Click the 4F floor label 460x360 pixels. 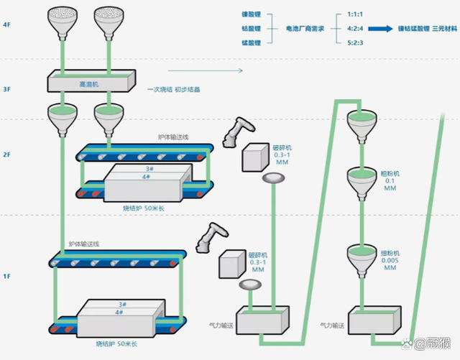(x=6, y=24)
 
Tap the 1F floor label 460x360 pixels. (x=6, y=276)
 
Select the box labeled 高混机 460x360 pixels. (x=91, y=83)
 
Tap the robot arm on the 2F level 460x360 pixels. (x=237, y=133)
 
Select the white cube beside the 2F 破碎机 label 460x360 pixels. (x=254, y=157)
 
